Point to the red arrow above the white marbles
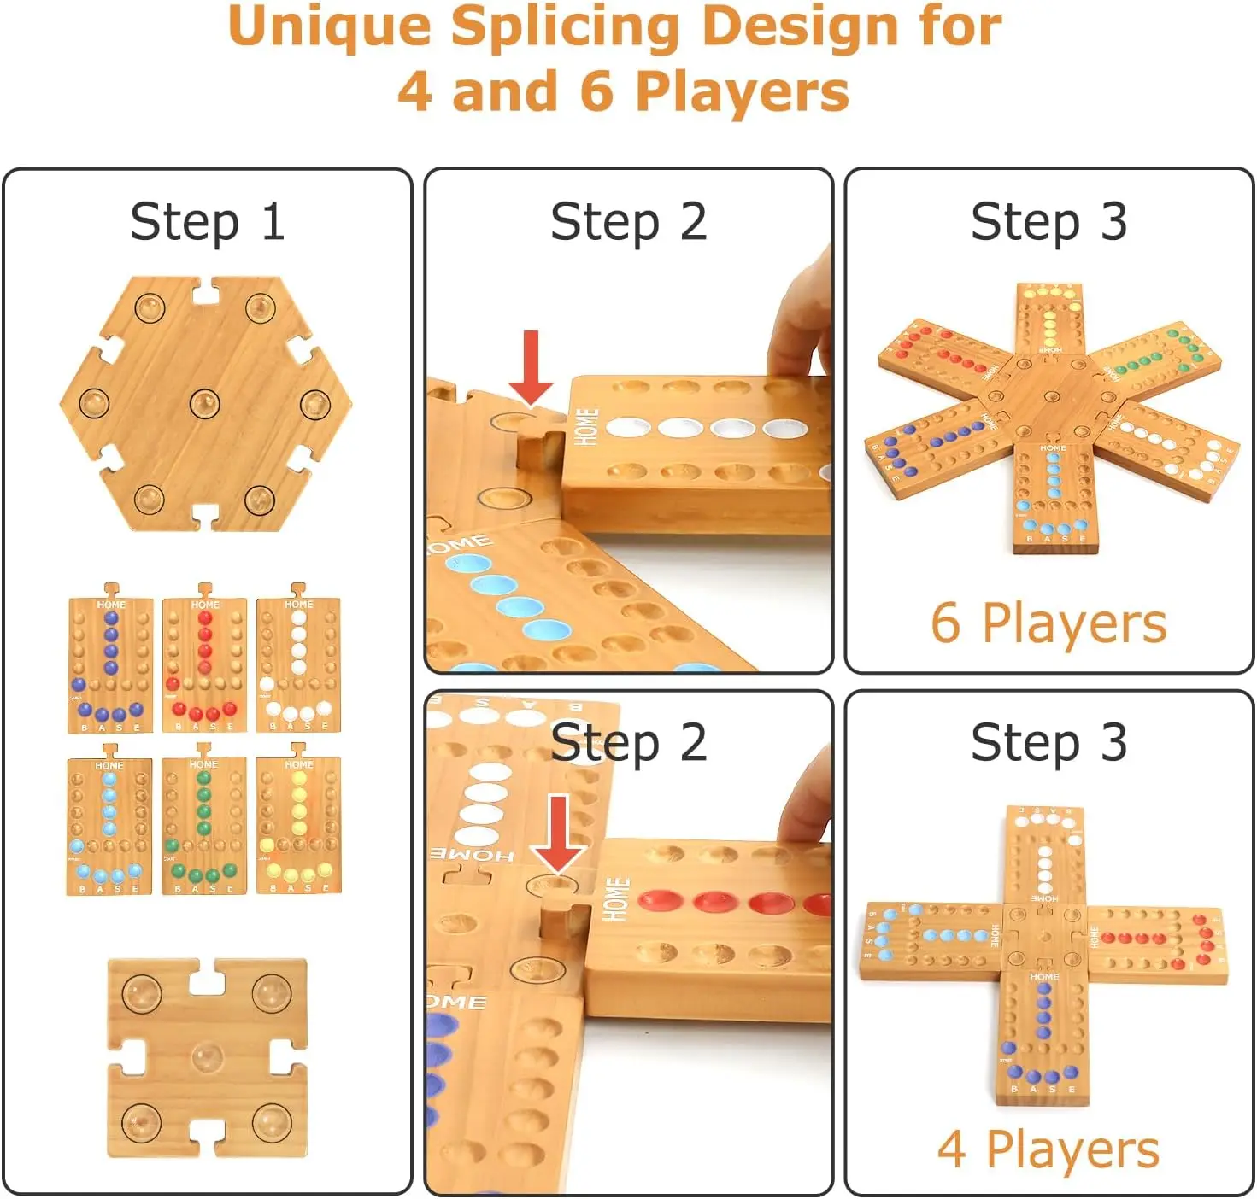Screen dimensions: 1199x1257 point(531,367)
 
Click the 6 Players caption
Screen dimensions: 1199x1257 point(1048,623)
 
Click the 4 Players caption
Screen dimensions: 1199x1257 point(1048,1149)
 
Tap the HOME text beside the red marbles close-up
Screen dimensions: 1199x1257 point(617,899)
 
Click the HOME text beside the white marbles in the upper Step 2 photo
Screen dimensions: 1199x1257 point(586,427)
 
